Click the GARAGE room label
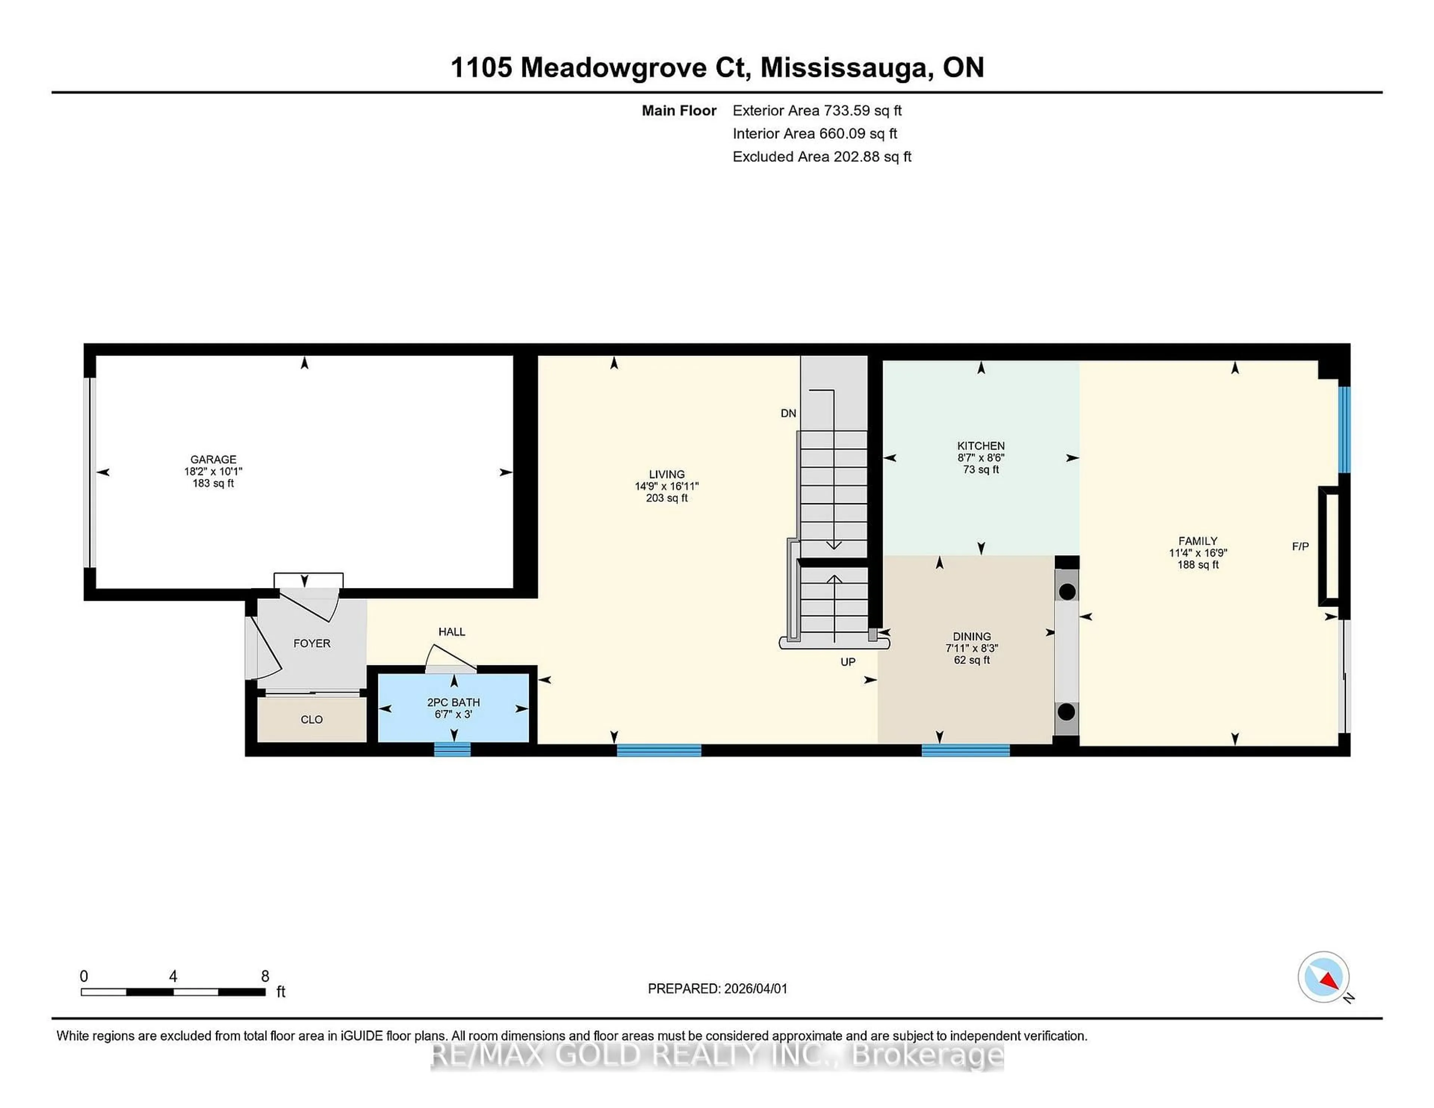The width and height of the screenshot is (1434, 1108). coord(213,459)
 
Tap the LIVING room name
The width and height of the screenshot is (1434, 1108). coord(667,474)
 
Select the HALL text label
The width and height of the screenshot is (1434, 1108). coord(452,632)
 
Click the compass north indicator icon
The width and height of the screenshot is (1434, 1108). coord(1323,977)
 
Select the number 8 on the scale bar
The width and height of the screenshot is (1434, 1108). coord(265,977)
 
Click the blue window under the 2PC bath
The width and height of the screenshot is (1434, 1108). coord(452,749)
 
